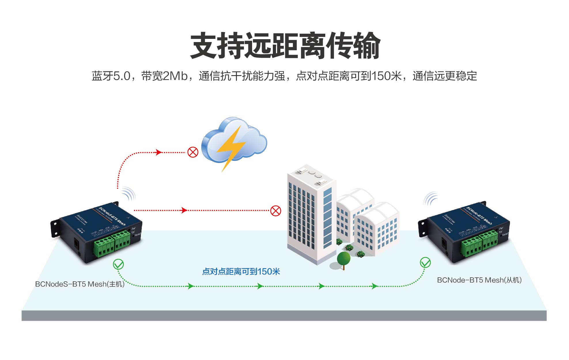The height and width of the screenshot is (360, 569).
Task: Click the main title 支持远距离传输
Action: point(285,46)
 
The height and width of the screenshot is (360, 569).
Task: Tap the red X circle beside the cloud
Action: point(193,152)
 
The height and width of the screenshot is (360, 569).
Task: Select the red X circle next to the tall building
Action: point(276,211)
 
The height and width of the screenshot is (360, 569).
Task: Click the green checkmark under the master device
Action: point(118,264)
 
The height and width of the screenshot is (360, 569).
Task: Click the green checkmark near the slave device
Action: point(425,262)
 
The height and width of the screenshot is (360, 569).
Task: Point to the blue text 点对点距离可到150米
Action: point(241,272)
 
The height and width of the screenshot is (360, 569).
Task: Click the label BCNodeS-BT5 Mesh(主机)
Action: point(80,284)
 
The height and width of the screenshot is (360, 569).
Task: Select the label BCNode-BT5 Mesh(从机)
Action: point(479,280)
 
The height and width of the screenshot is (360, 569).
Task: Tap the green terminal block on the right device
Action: point(479,243)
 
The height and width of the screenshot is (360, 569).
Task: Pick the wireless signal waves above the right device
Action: point(430,198)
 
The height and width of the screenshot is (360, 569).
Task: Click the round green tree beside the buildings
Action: point(343,258)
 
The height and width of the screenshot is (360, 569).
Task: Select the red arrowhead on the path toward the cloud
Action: point(158,152)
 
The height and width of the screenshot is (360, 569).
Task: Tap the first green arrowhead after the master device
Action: point(190,286)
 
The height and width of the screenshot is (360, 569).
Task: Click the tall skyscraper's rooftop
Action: point(311,174)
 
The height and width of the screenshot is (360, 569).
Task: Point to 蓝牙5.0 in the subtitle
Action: point(111,76)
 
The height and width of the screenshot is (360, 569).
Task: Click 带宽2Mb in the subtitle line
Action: point(164,76)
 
